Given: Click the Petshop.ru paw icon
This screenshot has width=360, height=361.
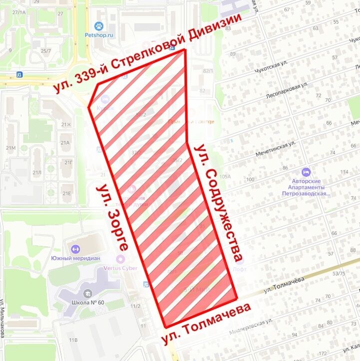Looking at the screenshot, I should [x=99, y=26].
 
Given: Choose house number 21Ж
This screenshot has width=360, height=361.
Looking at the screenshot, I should [x=66, y=124].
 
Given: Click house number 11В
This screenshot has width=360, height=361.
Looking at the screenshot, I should [x=73, y=340].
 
